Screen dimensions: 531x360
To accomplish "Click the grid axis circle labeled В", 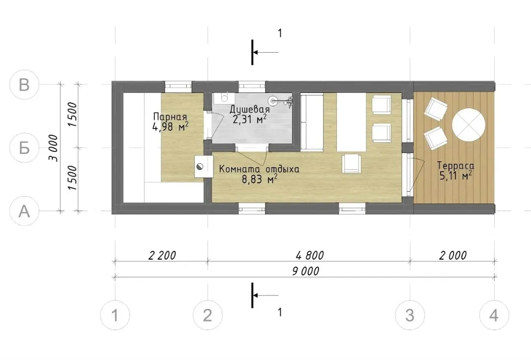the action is [x=24, y=84].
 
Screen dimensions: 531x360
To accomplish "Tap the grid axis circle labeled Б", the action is [x=24, y=148].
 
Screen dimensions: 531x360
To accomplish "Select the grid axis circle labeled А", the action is [x=24, y=211].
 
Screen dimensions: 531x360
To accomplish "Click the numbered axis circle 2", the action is [x=207, y=315].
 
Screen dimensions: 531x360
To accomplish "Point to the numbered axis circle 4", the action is [x=494, y=315].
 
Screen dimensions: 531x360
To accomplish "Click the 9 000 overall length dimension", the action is [x=305, y=271].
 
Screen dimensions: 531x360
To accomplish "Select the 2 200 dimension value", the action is [x=162, y=255].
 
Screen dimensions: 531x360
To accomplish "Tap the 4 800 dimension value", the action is [x=310, y=255].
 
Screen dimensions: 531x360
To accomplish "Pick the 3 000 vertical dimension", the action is [x=53, y=148].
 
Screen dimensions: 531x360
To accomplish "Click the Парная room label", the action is [x=170, y=117].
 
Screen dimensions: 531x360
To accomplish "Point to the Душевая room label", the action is [x=250, y=109].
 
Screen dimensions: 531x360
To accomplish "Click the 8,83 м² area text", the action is [x=260, y=179].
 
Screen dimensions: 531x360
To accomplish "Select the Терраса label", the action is [x=455, y=166].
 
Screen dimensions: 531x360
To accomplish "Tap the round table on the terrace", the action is [x=469, y=124].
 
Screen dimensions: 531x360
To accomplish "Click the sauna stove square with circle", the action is [x=204, y=166].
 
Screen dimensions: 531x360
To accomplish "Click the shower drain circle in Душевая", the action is [x=273, y=100].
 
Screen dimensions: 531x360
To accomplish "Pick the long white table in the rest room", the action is [x=351, y=122].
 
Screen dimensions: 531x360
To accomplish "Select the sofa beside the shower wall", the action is [x=312, y=122].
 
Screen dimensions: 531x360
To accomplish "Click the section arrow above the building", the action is [x=266, y=53].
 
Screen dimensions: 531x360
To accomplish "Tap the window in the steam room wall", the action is [x=178, y=86].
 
